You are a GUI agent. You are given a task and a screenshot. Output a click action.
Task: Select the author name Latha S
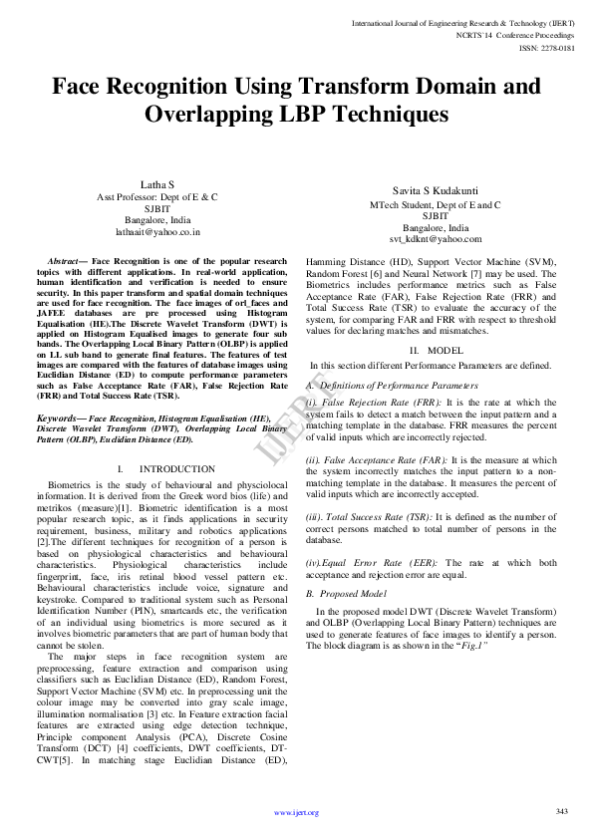click(x=156, y=185)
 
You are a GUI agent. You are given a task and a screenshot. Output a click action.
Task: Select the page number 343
click(x=561, y=811)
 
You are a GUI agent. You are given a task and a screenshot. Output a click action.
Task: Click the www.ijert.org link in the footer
click(x=296, y=813)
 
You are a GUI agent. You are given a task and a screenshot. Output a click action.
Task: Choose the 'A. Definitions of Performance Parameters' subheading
click(x=385, y=385)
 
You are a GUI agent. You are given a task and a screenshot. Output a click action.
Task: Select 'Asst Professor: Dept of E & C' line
click(x=156, y=197)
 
